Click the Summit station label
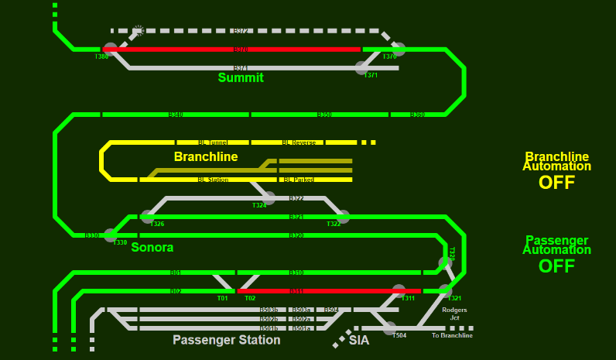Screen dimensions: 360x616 [x=241, y=77]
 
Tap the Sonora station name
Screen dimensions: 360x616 [x=152, y=248]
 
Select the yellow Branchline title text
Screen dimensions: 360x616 [x=206, y=156]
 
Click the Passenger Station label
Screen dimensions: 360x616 [x=226, y=340]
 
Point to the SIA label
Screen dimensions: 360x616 [x=359, y=340]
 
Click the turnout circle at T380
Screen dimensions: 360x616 [x=111, y=49]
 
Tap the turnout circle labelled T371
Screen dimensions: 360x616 [x=361, y=67]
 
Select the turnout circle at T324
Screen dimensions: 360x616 [x=269, y=197]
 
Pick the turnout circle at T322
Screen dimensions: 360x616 [x=344, y=216]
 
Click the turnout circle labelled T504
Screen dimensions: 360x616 [x=389, y=328]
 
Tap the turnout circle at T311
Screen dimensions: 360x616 [x=399, y=290]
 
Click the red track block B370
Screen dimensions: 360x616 [x=240, y=49]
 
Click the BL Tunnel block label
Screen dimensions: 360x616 [x=213, y=142]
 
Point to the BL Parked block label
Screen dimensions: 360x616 [x=299, y=180]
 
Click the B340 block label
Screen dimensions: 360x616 [x=176, y=115]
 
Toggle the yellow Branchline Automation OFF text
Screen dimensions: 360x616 [x=556, y=183]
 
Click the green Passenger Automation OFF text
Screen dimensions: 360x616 [x=556, y=266]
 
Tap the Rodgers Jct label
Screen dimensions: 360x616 [x=454, y=314]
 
